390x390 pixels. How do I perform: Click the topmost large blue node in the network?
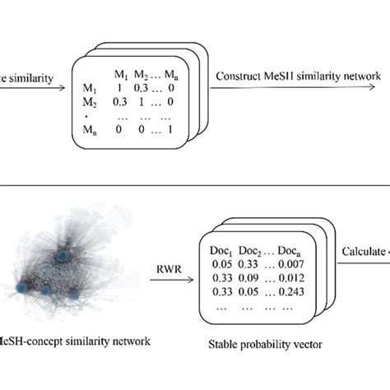tap(61, 258)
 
